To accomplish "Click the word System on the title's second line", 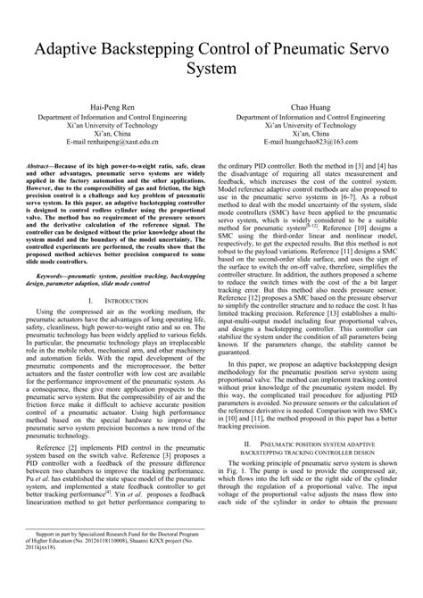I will click(x=211, y=68).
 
